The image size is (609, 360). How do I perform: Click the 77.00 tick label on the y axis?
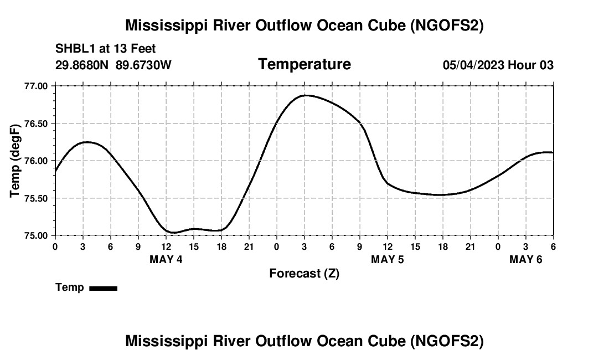coord(37,86)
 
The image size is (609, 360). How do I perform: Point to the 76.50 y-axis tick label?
coord(37,124)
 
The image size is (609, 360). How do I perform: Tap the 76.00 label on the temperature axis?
coord(37,161)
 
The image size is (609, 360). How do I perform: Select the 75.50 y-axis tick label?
coord(37,198)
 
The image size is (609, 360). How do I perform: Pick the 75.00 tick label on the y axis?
coord(37,235)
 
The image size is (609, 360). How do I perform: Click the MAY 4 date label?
coord(166,259)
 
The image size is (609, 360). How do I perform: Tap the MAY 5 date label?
coord(388,259)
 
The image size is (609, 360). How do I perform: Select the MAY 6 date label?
coord(526,259)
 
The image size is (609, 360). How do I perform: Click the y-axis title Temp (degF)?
coord(15,161)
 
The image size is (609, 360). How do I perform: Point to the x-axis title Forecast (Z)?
coord(304,273)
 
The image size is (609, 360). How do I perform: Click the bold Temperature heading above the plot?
coord(304,64)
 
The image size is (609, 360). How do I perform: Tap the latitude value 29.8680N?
coord(82,65)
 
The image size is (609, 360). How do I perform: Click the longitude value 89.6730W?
coord(144,65)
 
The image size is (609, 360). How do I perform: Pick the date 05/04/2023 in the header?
coord(473,65)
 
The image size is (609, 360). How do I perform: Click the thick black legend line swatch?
coord(103,288)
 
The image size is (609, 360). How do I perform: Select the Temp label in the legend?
coord(70,287)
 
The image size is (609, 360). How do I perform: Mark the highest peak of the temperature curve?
coord(305,95)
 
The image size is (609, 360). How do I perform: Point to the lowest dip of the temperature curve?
coord(173,233)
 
